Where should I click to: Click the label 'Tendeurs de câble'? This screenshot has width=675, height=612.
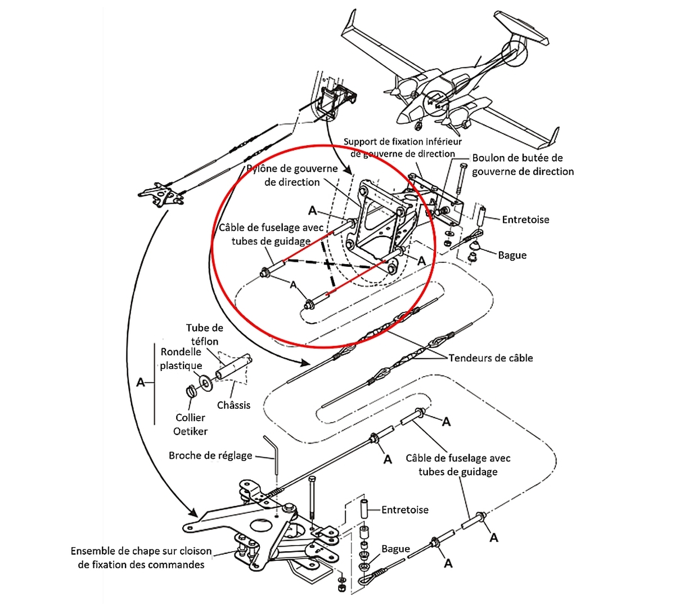point(490,358)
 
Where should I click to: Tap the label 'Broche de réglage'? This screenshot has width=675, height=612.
point(210,455)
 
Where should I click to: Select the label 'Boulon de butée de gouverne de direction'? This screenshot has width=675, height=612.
point(523,164)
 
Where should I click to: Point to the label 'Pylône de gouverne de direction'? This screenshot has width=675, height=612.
point(292,175)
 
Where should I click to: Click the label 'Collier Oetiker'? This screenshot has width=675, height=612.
point(191,425)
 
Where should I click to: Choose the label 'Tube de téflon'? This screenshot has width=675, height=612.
point(205,334)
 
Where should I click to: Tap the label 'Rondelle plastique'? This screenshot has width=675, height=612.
point(181,359)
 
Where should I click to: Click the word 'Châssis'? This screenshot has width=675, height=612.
point(233,405)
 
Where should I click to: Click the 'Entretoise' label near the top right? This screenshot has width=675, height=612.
point(525,220)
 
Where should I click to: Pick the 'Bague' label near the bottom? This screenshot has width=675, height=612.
point(395,549)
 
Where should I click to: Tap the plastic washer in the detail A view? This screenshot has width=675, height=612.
point(206,382)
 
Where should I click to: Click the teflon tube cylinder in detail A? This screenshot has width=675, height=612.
point(234,367)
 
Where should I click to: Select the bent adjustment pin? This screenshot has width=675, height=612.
point(274,453)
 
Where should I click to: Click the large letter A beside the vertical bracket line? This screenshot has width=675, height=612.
point(141,383)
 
